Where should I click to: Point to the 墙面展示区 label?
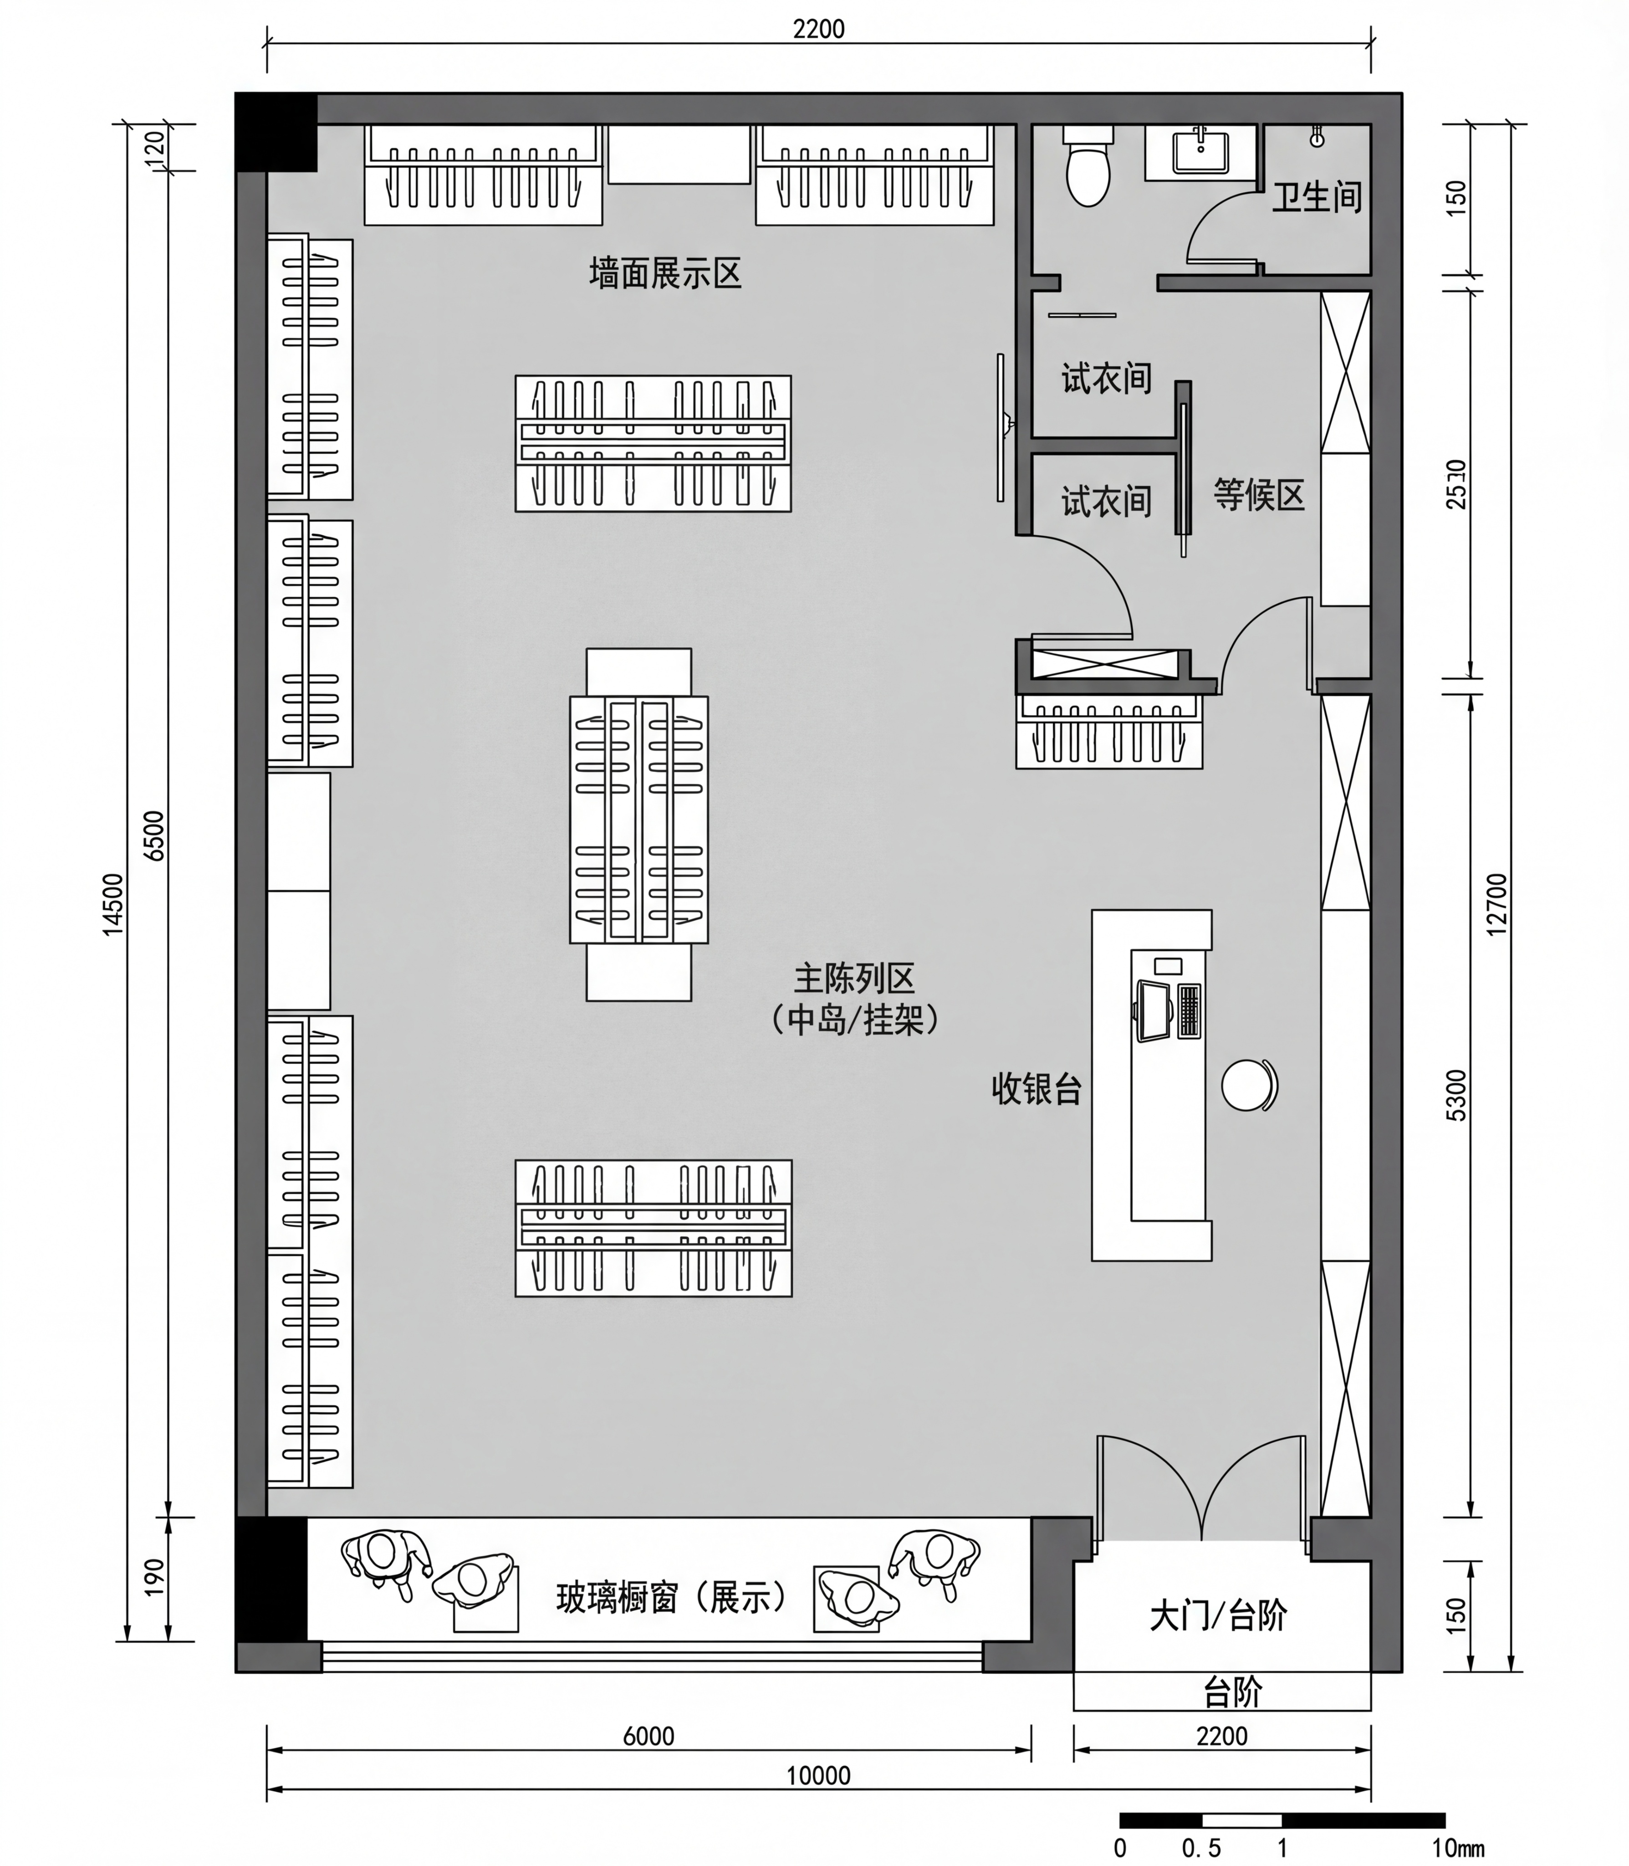tap(665, 273)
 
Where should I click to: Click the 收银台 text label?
tap(1037, 1088)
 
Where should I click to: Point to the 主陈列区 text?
tap(854, 979)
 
